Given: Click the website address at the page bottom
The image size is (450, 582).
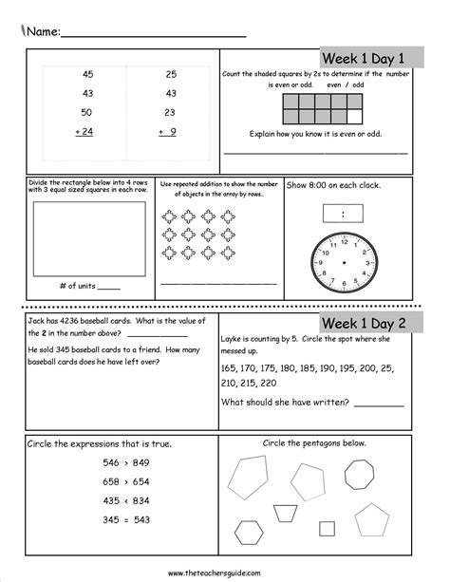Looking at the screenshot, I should pos(223,573).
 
